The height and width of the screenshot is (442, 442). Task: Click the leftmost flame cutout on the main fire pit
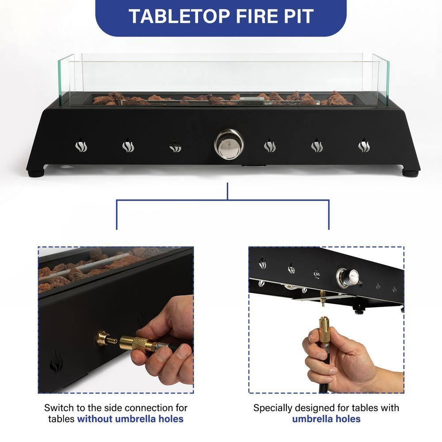click(x=81, y=145)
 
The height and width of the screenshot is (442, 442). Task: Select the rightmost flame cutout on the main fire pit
click(x=364, y=145)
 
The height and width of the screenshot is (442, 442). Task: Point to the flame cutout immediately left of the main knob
click(x=175, y=146)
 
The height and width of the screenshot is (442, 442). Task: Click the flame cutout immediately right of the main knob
click(x=270, y=145)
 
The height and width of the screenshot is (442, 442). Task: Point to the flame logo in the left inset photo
click(x=56, y=362)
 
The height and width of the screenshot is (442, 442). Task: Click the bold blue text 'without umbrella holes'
click(x=130, y=419)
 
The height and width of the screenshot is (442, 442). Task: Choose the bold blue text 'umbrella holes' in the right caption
click(x=326, y=419)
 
